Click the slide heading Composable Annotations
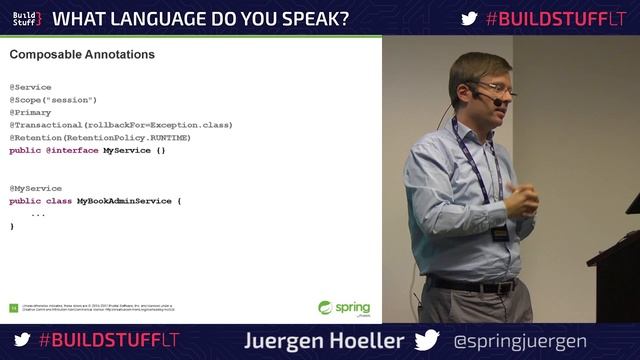pyautogui.click(x=82, y=54)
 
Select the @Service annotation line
pyautogui.click(x=30, y=87)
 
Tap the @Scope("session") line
pyautogui.click(x=53, y=100)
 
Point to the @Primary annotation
pyautogui.click(x=30, y=112)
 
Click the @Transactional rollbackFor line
pyautogui.click(x=120, y=125)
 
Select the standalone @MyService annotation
pyautogui.click(x=35, y=188)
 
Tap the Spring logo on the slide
pyautogui.click(x=344, y=308)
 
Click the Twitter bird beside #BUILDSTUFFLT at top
pyautogui.click(x=469, y=18)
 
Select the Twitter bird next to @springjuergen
pyautogui.click(x=427, y=340)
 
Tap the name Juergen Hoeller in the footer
pyautogui.click(x=324, y=340)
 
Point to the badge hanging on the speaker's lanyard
pyautogui.click(x=499, y=233)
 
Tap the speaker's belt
pyautogui.click(x=470, y=286)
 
